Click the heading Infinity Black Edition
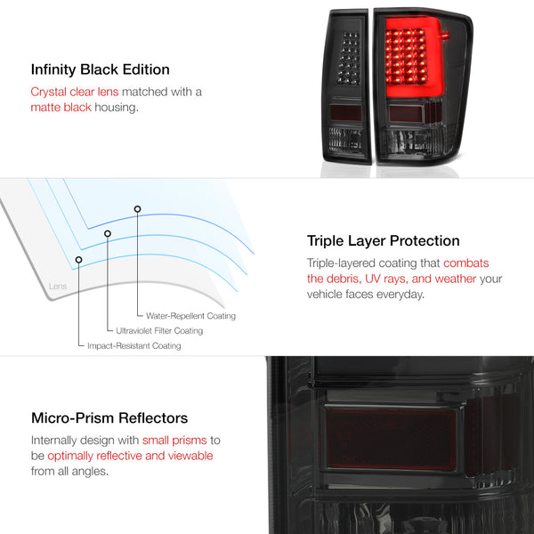[x=100, y=69]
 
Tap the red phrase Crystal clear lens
[x=75, y=92]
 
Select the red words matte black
[x=61, y=108]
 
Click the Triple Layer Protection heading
[x=383, y=241]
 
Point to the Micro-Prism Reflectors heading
[x=109, y=418]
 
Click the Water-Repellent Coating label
[x=190, y=316]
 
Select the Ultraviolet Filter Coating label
[x=159, y=331]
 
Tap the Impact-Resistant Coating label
[x=134, y=345]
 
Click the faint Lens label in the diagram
[x=58, y=286]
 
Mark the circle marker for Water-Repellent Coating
[x=137, y=209]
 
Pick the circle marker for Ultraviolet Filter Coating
[x=108, y=233]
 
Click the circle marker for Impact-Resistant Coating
[x=78, y=260]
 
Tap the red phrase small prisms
[x=174, y=441]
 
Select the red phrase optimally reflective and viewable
[x=130, y=456]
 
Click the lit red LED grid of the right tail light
[x=406, y=56]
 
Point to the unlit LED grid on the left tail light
[x=348, y=58]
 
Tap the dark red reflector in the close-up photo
[x=392, y=437]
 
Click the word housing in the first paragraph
[x=116, y=108]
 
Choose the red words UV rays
[x=386, y=279]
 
